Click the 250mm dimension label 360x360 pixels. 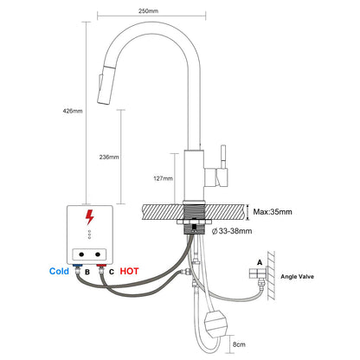coord(148,11)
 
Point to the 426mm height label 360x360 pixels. coord(73,111)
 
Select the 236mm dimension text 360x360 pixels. coord(109,157)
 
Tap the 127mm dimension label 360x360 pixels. coord(163,178)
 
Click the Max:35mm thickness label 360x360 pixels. coord(273,212)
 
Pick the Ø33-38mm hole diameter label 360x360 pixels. coord(232,231)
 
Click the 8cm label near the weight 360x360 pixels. coord(239,344)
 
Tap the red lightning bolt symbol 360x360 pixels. coord(90,217)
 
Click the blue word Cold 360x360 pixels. coord(59,272)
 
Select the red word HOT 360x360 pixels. coord(129,272)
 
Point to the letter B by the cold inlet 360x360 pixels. coord(87,272)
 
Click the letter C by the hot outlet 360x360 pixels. coord(112,272)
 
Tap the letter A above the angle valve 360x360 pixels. coord(260,262)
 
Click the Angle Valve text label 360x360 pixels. coord(297,277)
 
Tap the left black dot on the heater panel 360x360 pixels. coord(81,254)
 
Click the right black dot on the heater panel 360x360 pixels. coord(98,254)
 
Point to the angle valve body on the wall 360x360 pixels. coord(258,273)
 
